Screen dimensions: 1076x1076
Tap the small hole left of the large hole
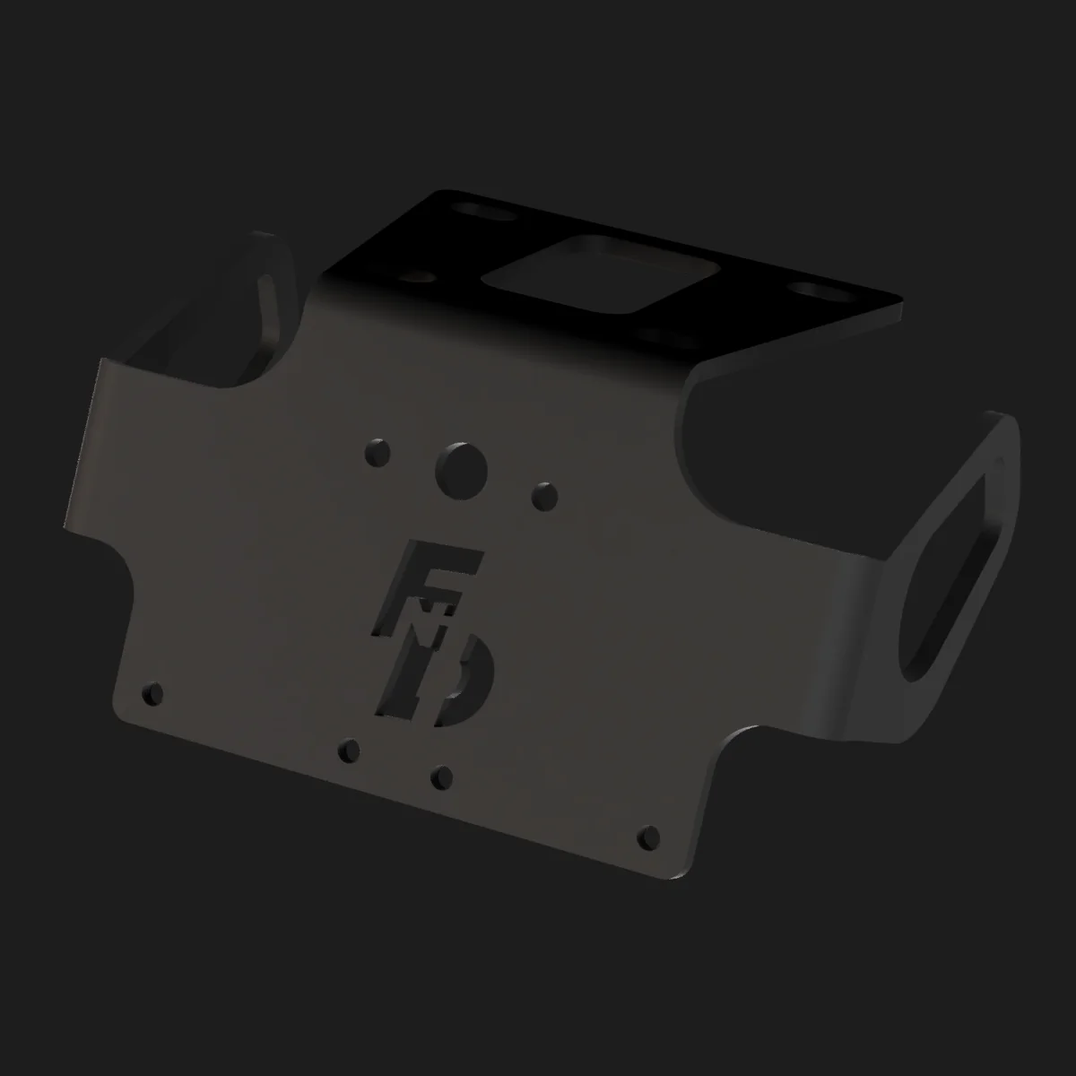point(377,451)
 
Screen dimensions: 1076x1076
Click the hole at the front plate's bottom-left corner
point(153,693)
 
